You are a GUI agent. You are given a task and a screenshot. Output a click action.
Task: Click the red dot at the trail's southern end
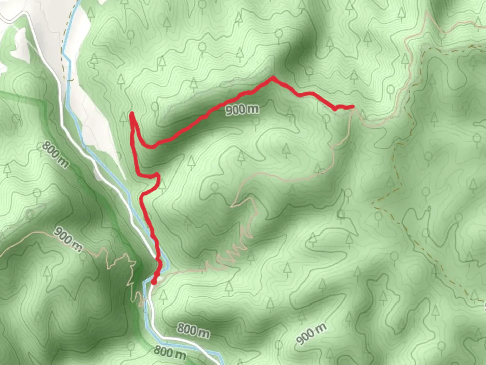pyautogui.click(x=154, y=282)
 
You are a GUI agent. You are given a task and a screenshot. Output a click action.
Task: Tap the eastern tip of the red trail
pyautogui.click(x=353, y=107)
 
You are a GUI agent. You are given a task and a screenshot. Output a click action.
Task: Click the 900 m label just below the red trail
pyautogui.click(x=242, y=109)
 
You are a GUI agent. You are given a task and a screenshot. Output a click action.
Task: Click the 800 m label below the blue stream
pyautogui.click(x=169, y=352)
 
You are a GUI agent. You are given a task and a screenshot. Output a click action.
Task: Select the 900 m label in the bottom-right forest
pyautogui.click(x=311, y=334)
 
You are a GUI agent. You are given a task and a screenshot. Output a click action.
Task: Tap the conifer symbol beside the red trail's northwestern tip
pyautogui.click(x=123, y=117)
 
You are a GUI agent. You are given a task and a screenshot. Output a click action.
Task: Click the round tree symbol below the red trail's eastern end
pyautogui.click(x=326, y=119)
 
